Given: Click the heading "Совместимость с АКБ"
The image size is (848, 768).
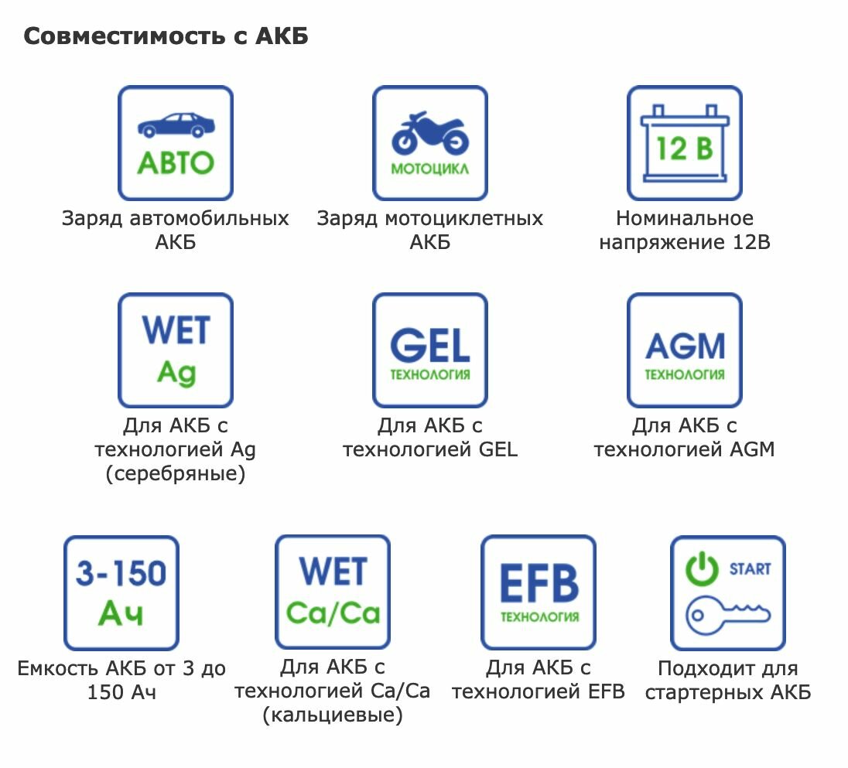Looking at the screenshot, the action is tap(166, 36).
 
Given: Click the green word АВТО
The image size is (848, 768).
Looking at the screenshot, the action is tap(176, 162).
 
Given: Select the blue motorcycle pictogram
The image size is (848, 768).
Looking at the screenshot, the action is tap(429, 131).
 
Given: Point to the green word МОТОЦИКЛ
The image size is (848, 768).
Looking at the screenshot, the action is tap(429, 169).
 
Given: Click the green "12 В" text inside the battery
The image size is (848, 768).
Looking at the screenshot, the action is tap(685, 148).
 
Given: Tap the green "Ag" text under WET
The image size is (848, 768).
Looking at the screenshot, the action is tap(176, 373).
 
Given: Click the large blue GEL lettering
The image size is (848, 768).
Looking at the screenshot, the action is tap(429, 345).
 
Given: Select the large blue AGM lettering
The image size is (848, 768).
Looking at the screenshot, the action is tap(685, 346).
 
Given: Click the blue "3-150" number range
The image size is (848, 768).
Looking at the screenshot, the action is tap(121, 574).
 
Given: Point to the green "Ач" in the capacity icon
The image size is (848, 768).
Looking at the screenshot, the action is tap(121, 614).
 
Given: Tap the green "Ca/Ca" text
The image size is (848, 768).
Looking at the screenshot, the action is tap(333, 613).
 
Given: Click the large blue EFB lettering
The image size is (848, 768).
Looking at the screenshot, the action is tap(539, 583).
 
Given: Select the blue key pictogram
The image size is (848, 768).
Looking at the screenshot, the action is tap(728, 615).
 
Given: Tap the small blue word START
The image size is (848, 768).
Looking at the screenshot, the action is tap(750, 569).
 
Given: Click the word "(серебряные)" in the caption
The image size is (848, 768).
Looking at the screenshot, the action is tap(176, 473).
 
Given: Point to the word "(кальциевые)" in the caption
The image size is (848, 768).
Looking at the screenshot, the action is tap(333, 715).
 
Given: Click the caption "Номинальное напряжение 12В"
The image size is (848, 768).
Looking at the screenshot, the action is tap(685, 230).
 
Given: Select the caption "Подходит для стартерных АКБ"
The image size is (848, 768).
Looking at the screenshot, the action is tap(728, 680).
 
